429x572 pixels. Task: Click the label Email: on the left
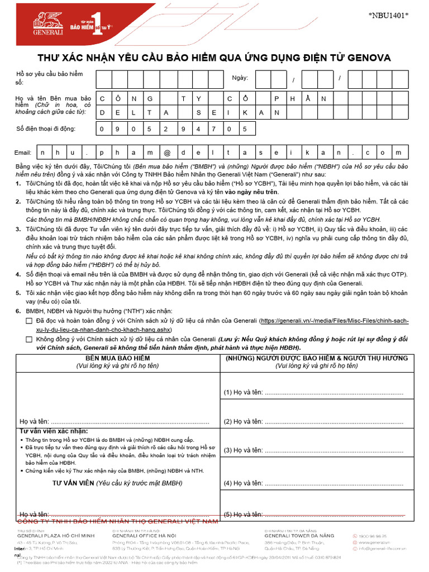click(23, 152)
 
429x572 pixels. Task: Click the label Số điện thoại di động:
click(45, 129)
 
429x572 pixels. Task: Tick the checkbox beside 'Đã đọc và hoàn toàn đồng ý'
click(29, 322)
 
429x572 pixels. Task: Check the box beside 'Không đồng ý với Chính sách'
click(29, 339)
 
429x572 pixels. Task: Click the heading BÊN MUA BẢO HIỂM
click(117, 358)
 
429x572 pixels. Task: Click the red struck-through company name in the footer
click(118, 521)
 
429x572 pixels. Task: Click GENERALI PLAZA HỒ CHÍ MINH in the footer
click(56, 536)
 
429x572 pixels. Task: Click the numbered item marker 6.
click(18, 311)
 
